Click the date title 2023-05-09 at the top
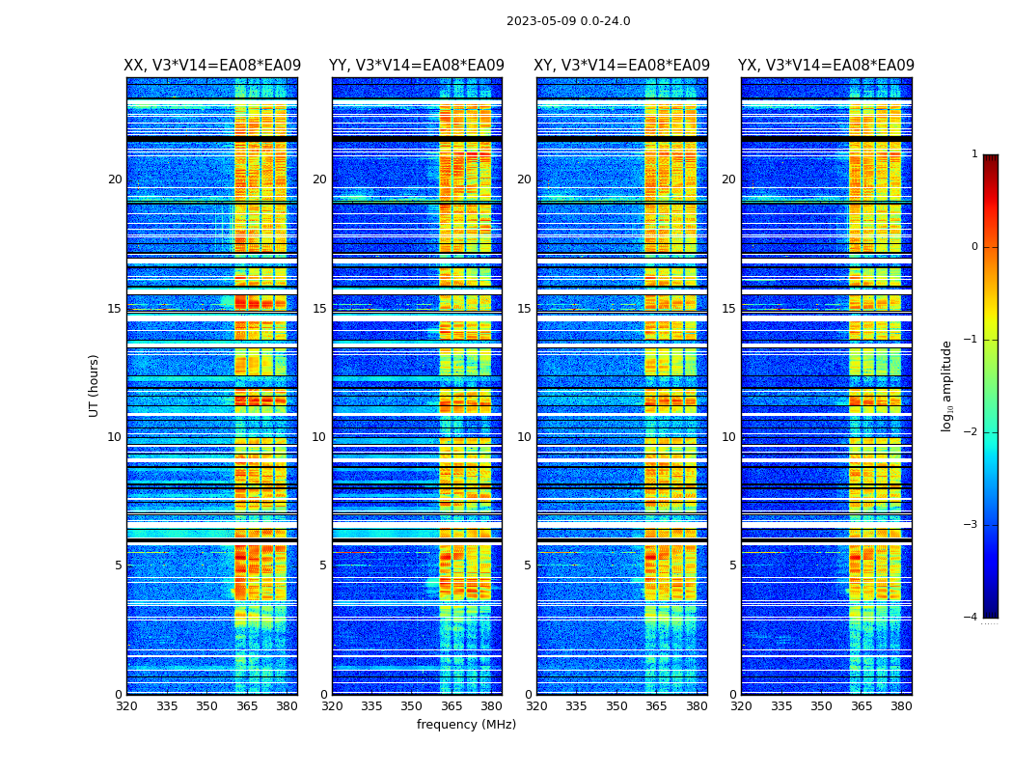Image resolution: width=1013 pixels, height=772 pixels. tap(567, 21)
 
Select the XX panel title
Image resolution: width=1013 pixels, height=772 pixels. tap(212, 66)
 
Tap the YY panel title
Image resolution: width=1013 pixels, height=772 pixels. tap(417, 66)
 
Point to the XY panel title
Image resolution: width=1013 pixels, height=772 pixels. tap(622, 66)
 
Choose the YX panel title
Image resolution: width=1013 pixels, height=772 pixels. tap(826, 66)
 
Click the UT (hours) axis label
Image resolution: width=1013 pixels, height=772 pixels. tap(95, 385)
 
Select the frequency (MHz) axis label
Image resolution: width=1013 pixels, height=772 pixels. tap(466, 725)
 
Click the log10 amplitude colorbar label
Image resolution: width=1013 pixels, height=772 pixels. tap(947, 385)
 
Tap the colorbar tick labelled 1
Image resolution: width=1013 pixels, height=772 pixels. tap(973, 154)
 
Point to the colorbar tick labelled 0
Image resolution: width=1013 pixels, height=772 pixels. tap(973, 247)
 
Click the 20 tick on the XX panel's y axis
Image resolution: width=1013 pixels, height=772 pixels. tap(115, 179)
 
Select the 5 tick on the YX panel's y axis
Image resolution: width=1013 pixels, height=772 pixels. tap(733, 565)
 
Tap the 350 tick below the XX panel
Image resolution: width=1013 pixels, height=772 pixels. tap(206, 706)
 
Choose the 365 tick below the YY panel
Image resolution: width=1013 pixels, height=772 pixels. tap(452, 706)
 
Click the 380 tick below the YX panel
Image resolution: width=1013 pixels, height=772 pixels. tap(901, 706)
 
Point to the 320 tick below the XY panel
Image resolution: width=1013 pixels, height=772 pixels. tap(536, 706)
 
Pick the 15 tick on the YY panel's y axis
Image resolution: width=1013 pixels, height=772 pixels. tap(319, 309)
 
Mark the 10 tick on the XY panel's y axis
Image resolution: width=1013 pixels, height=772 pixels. tap(524, 437)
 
